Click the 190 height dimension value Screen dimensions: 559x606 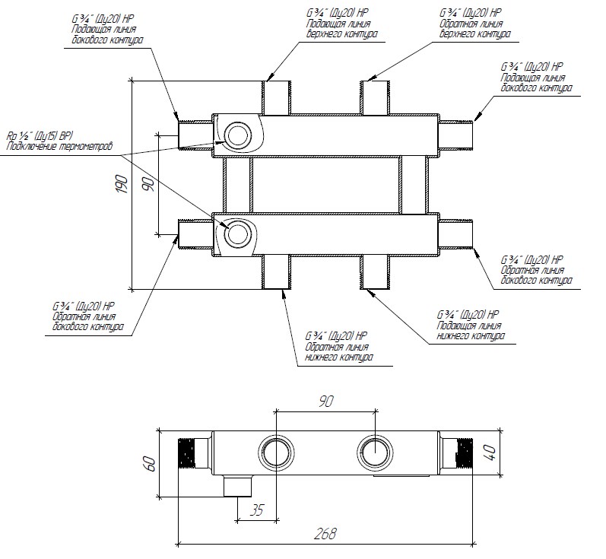pyautogui.click(x=120, y=184)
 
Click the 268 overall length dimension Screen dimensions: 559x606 pyautogui.click(x=325, y=535)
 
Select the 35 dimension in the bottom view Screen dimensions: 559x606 pyautogui.click(x=256, y=510)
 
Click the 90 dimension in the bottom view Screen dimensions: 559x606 pyautogui.click(x=325, y=401)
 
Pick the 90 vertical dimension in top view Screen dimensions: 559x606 pyautogui.click(x=148, y=184)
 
